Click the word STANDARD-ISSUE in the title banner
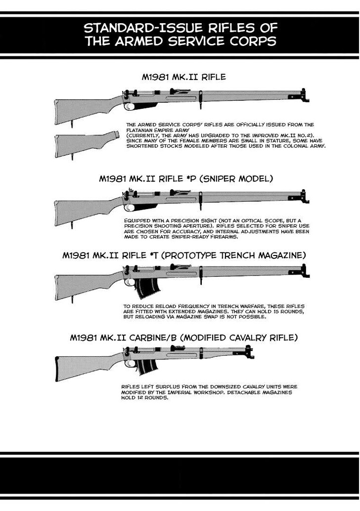tap(138, 28)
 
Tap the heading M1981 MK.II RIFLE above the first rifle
tap(183, 77)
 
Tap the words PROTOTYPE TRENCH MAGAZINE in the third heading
tap(233, 255)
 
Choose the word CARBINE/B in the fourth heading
tap(153, 338)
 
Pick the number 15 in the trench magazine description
tap(277, 311)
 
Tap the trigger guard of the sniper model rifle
tap(130, 208)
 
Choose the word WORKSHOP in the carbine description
tap(208, 392)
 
